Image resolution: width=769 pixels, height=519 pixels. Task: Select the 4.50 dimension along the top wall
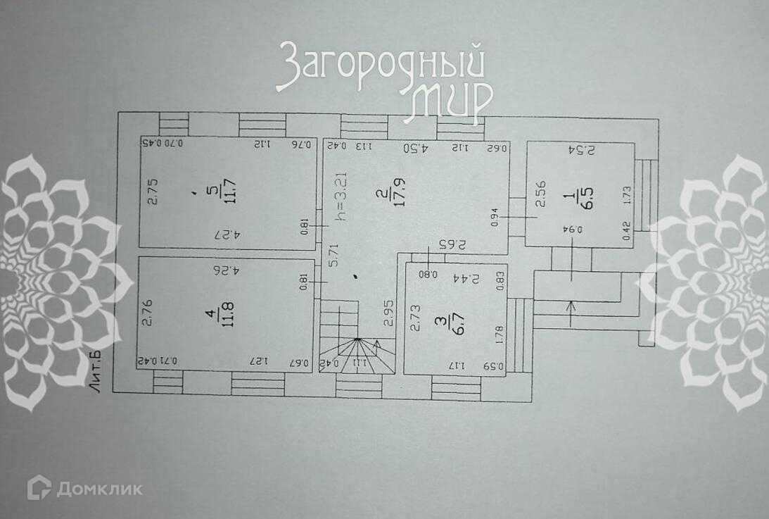416,148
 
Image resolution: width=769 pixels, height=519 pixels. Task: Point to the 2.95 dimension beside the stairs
387,311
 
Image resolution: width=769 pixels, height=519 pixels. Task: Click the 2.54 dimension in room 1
582,150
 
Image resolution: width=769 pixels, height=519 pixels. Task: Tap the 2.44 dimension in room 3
485,278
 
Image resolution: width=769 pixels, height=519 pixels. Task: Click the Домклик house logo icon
39,487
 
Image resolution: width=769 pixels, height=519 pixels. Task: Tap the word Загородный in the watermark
380,68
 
